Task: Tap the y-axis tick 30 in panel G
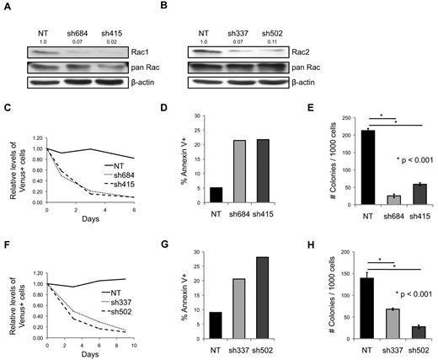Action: [x=190, y=250]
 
